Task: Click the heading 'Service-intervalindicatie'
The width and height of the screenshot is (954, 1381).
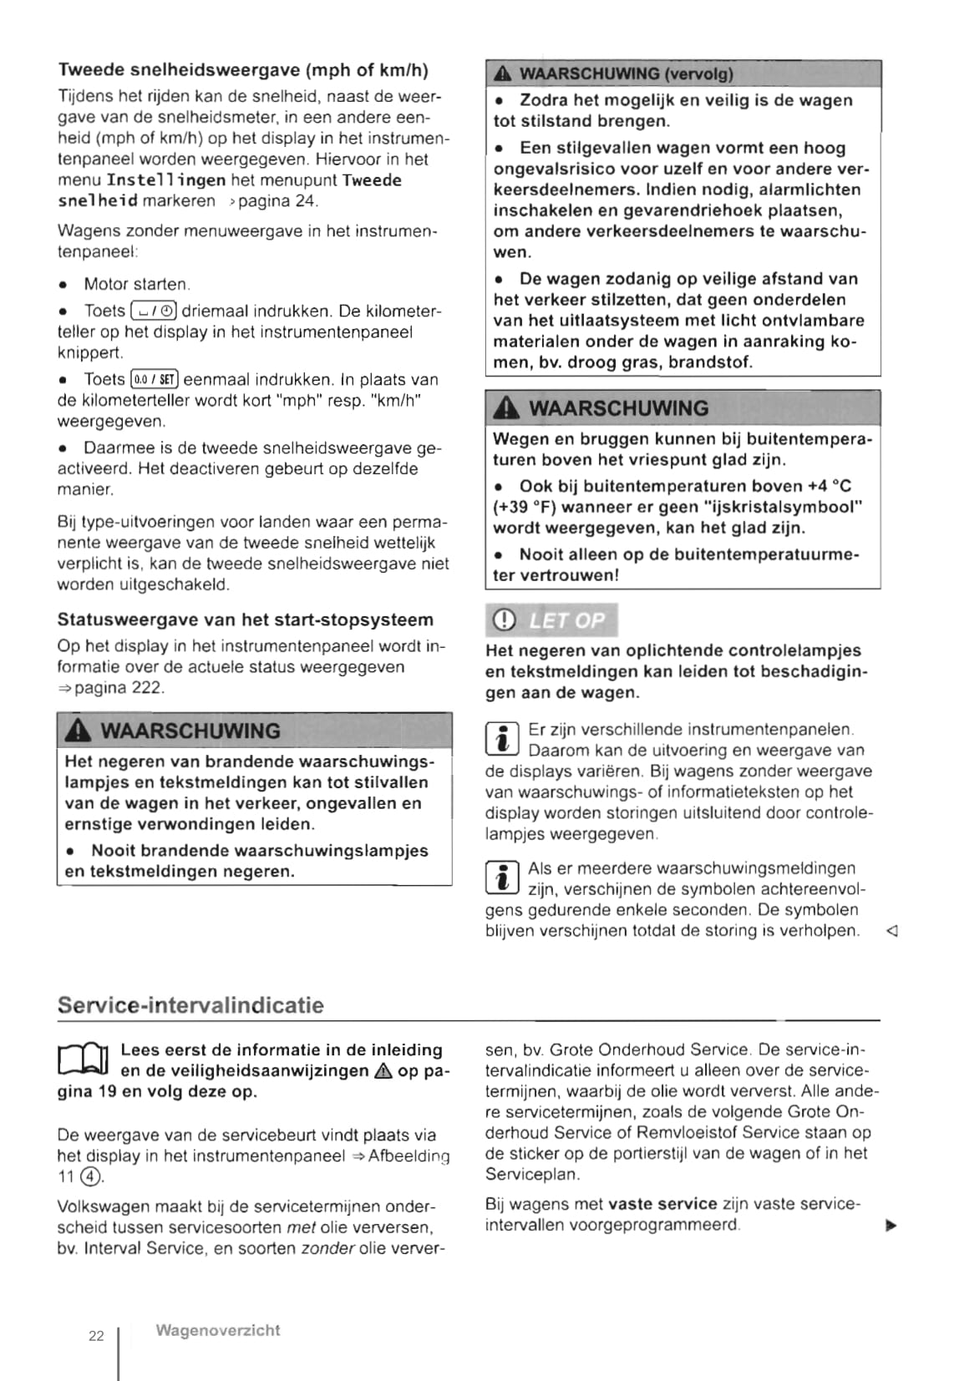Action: [x=190, y=1004]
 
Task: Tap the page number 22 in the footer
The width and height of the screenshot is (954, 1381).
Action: [x=96, y=1335]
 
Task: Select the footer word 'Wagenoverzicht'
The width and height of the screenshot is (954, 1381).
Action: [x=217, y=1330]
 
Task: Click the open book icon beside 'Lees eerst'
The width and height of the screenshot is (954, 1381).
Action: [x=84, y=1060]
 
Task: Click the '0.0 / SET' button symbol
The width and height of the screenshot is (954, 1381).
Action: [x=155, y=380]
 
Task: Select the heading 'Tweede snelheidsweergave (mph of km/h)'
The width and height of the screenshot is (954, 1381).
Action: [x=243, y=70]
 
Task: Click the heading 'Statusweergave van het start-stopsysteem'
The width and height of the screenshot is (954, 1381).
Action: [x=246, y=620]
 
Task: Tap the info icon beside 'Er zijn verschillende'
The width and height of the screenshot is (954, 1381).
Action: [x=502, y=740]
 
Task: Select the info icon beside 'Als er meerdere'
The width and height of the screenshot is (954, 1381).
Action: [x=502, y=878]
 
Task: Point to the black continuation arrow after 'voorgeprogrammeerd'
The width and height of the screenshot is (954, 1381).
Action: [x=891, y=1226]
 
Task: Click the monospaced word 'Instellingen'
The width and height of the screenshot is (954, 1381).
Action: [x=166, y=180]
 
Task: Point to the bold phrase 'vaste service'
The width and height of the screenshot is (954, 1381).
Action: [x=662, y=1204]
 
